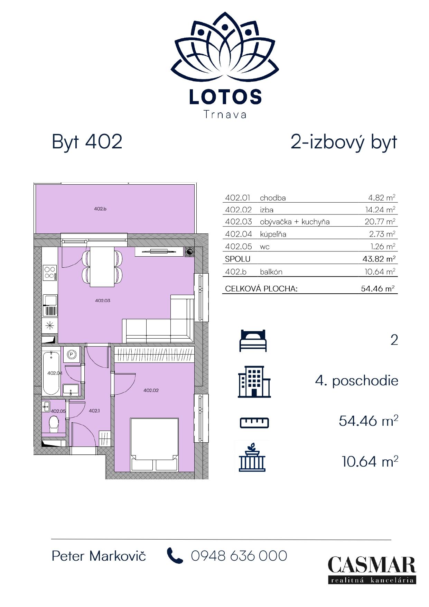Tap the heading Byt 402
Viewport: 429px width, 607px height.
87,141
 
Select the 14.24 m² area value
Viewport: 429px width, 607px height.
380,210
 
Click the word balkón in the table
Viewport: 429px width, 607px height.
271,272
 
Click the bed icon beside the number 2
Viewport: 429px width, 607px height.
253,340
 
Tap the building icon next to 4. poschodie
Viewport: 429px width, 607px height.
254,381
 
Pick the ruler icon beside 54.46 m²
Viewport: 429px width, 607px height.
254,422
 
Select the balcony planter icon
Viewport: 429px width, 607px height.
252,457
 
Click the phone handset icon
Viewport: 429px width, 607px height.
175,555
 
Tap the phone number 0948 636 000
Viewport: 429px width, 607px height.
239,556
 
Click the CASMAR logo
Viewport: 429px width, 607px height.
372,570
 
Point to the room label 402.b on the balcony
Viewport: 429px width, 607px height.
100,209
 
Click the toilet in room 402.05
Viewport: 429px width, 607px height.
54,424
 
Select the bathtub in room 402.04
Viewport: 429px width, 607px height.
51,373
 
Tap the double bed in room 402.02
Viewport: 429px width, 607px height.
154,444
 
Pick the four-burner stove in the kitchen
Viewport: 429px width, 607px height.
50,273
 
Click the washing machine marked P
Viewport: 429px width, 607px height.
72,355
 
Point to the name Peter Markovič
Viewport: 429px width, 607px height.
99,556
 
